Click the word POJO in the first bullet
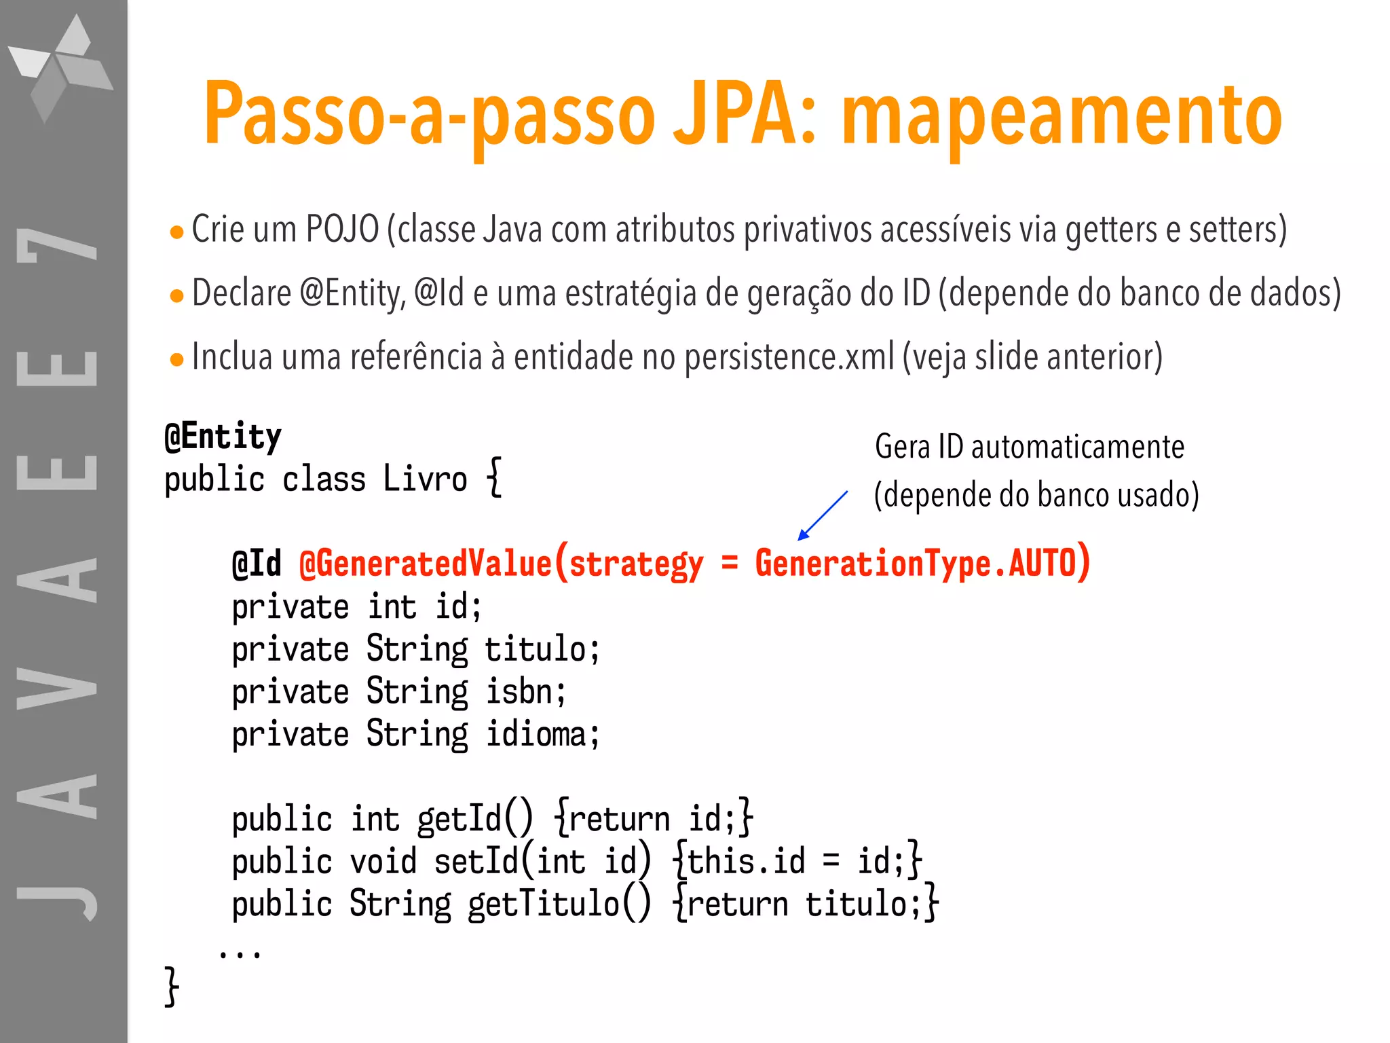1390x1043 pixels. coord(342,229)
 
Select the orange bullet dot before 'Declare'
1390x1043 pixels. coord(177,296)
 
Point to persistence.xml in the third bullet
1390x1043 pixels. coord(789,357)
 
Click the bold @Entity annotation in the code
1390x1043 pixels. coord(223,437)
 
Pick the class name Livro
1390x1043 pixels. coord(425,479)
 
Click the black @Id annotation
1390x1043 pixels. coord(257,564)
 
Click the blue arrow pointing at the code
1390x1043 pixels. coord(823,515)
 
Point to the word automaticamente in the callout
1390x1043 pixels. coord(1077,447)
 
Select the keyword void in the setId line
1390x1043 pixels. coord(383,862)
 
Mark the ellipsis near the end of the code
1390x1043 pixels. coord(240,953)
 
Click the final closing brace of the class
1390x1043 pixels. coord(172,986)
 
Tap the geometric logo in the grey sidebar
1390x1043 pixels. coord(61,68)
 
